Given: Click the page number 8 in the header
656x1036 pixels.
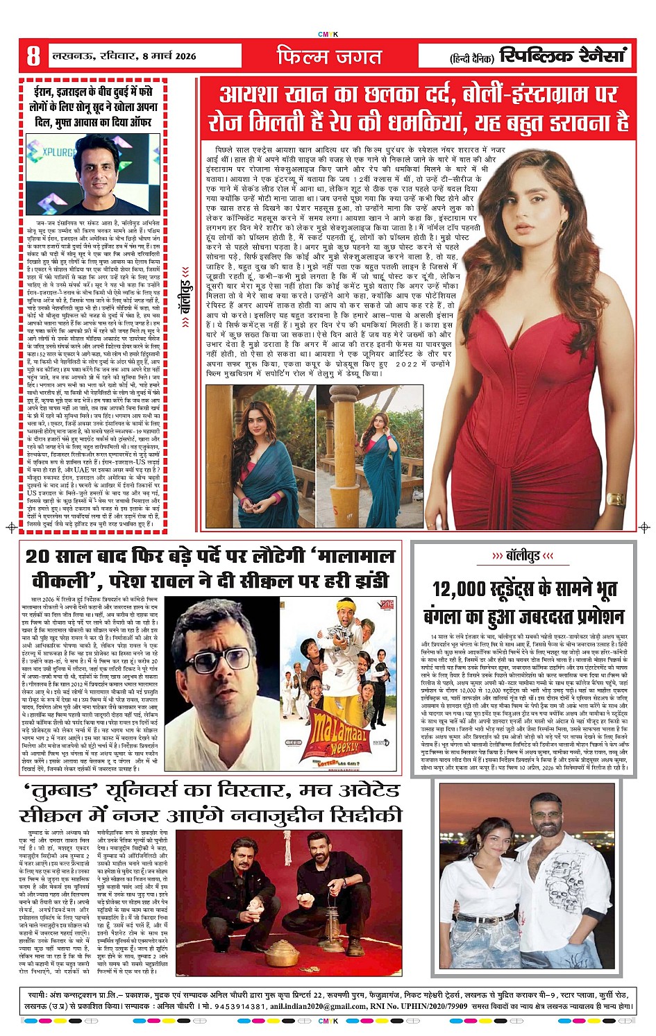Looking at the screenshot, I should [33, 56].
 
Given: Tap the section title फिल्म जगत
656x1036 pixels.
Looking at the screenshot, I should [330, 56].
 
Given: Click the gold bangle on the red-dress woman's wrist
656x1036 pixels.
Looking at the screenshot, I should [615, 499].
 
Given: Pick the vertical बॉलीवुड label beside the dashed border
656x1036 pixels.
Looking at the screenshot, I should [185, 287].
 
